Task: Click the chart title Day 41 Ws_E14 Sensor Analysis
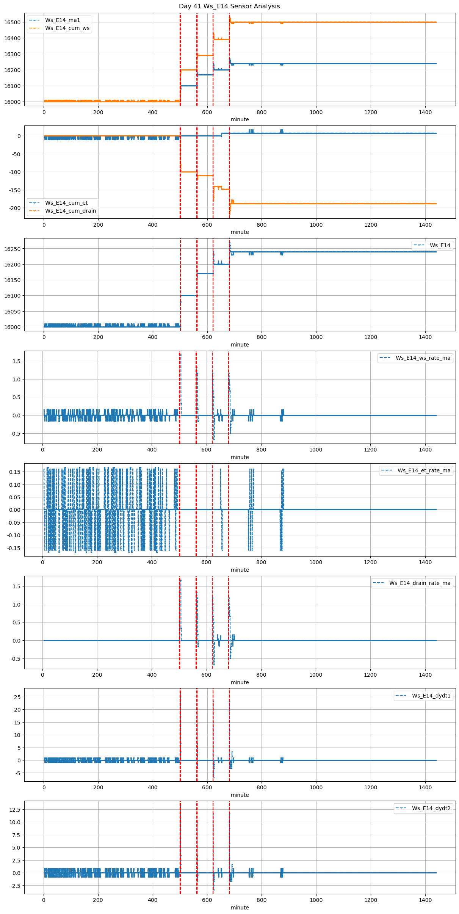229,6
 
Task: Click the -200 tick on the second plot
14,208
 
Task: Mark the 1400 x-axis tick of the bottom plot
425,900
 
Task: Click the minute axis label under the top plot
240,119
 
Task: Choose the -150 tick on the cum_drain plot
14,190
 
